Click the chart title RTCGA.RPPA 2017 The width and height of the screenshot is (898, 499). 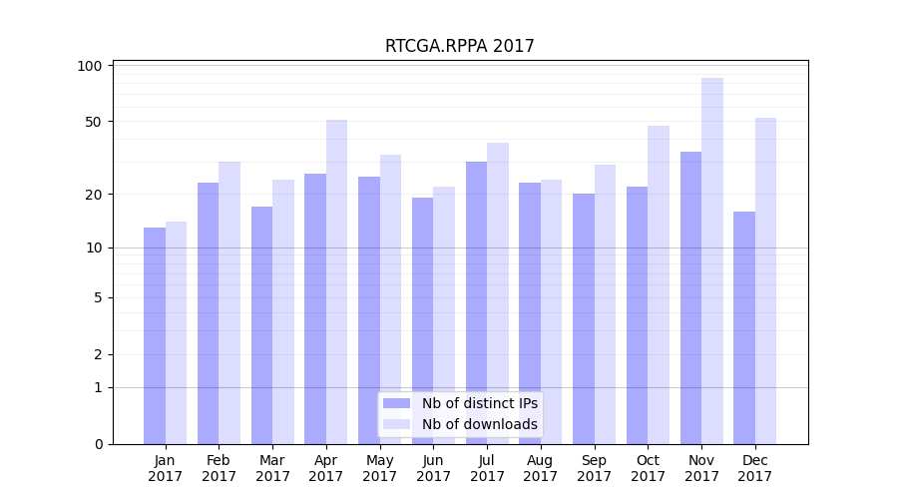tap(460, 46)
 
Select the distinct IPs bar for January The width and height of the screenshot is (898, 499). tap(155, 335)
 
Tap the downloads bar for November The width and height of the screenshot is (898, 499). tap(712, 260)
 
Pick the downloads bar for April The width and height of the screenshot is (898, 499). tap(337, 281)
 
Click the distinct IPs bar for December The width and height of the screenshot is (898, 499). tap(744, 327)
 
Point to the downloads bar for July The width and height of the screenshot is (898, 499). tap(498, 293)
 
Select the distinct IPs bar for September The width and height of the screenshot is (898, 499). tap(584, 318)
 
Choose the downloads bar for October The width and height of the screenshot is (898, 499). tap(659, 284)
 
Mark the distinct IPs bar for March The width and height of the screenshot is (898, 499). tap(262, 325)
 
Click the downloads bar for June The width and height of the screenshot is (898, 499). tap(444, 315)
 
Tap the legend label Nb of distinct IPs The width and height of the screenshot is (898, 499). tap(479, 403)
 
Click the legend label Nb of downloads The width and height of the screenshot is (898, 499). tap(479, 424)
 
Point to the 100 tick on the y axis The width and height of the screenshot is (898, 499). tap(91, 66)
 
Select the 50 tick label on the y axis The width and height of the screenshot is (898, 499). tap(94, 122)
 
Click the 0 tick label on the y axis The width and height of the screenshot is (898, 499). tap(99, 444)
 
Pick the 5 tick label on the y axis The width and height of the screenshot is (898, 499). tap(99, 297)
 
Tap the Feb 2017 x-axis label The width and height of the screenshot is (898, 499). tap(219, 468)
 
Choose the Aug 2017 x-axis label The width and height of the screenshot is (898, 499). tap(541, 468)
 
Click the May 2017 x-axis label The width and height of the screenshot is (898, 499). tap(380, 468)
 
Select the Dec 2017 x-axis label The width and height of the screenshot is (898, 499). tap(755, 468)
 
